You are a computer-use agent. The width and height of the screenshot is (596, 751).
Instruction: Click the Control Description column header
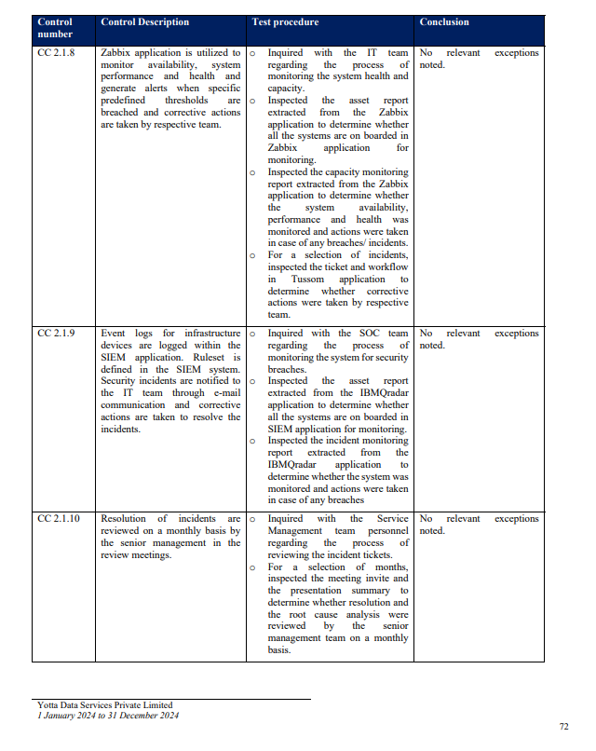click(x=144, y=22)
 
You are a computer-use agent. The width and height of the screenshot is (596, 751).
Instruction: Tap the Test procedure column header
click(x=285, y=22)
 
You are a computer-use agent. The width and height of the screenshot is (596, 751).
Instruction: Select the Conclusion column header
click(x=444, y=22)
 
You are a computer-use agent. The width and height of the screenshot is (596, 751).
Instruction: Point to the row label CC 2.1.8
click(x=56, y=54)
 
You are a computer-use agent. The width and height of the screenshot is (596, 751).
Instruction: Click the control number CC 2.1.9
click(x=56, y=334)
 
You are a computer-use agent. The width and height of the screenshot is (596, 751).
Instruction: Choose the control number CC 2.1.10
click(x=59, y=519)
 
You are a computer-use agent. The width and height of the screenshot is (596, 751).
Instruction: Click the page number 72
click(x=563, y=727)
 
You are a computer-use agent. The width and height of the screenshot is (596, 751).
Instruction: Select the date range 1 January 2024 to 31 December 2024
click(x=108, y=716)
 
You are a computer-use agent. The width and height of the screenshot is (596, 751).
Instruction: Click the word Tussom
click(x=307, y=279)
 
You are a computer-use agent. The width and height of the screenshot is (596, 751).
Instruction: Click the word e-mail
click(x=224, y=393)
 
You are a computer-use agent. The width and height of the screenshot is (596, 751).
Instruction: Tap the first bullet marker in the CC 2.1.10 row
click(x=252, y=520)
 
